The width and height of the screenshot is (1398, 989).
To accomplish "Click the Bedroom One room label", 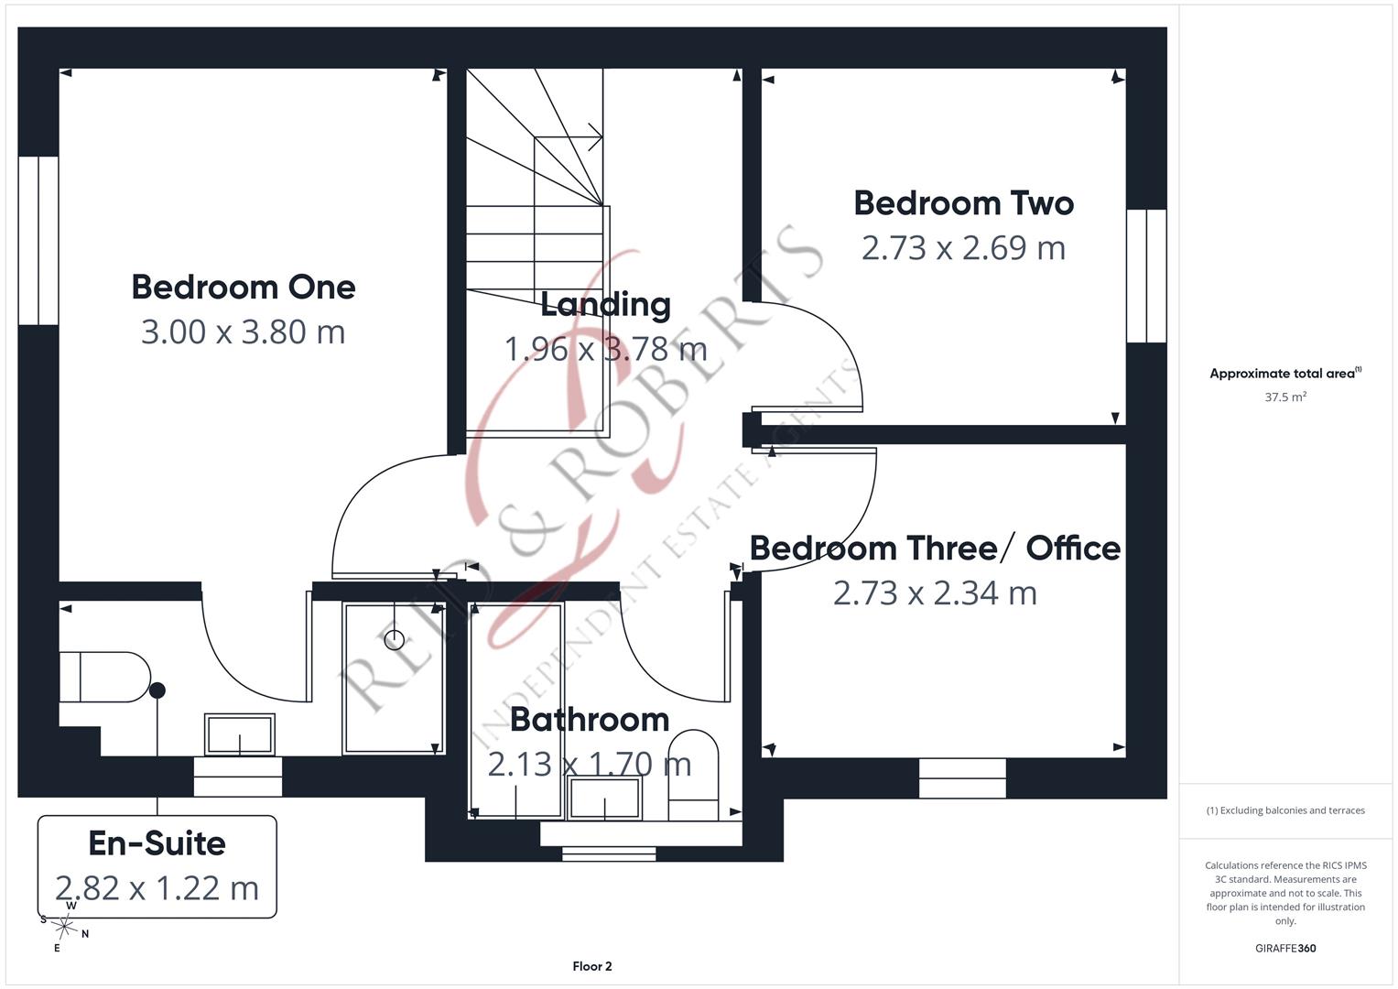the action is pyautogui.click(x=244, y=288).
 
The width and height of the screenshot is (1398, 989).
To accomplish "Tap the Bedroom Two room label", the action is pyautogui.click(x=964, y=203).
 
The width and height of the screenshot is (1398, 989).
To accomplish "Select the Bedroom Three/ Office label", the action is pyautogui.click(x=935, y=549).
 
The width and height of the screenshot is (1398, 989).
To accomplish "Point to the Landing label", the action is pyautogui.click(x=605, y=305).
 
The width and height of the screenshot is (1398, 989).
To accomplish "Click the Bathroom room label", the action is pyautogui.click(x=590, y=720).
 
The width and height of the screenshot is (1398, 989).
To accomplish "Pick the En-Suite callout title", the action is pyautogui.click(x=157, y=843).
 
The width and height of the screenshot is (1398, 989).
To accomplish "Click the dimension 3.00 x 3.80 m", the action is pyautogui.click(x=243, y=331).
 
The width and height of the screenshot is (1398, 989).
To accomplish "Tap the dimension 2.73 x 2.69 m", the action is pyautogui.click(x=963, y=248).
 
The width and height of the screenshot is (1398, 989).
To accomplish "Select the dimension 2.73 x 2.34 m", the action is pyautogui.click(x=935, y=593).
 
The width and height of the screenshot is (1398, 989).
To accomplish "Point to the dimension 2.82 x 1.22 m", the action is pyautogui.click(x=157, y=888).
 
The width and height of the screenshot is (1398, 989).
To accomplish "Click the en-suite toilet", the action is pyautogui.click(x=105, y=677).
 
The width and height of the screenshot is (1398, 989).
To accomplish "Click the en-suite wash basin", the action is pyautogui.click(x=240, y=734).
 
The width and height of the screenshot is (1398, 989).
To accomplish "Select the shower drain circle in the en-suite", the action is pyautogui.click(x=395, y=639).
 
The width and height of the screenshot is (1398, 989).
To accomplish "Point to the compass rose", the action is pyautogui.click(x=64, y=927).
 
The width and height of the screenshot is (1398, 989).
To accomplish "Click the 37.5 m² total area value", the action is pyautogui.click(x=1285, y=397).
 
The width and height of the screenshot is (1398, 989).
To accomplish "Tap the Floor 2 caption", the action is pyautogui.click(x=592, y=966).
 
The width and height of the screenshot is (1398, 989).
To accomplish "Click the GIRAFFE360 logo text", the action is pyautogui.click(x=1285, y=949).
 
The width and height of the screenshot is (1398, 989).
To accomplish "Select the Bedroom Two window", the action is pyautogui.click(x=1146, y=276).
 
